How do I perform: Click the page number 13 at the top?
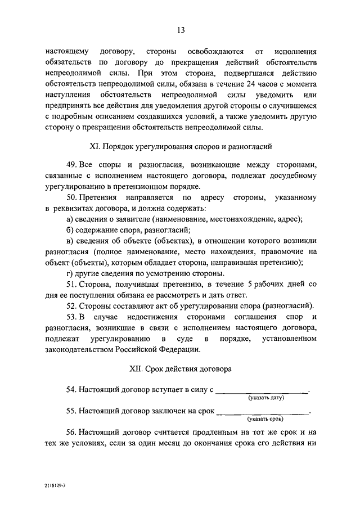180,30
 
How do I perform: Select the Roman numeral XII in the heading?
136,370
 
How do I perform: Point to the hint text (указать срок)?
265,420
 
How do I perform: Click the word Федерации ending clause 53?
179,350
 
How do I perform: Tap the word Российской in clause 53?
135,350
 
